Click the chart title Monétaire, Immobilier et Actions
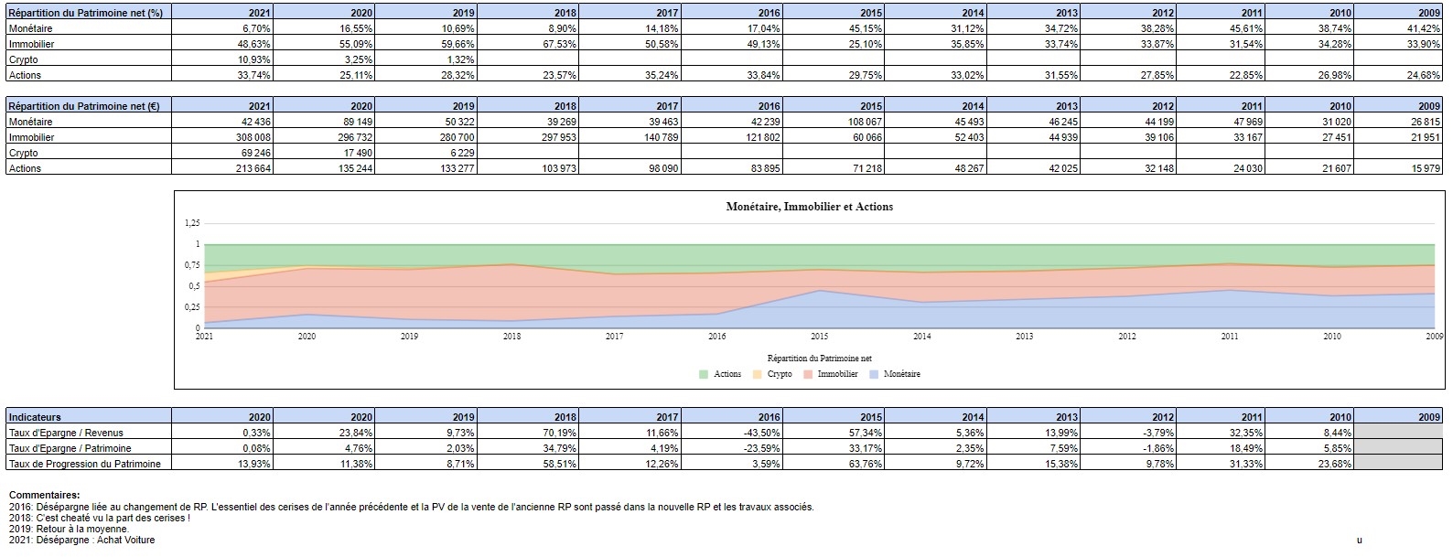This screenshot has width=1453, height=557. click(x=809, y=207)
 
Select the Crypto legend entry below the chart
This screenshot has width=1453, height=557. click(x=779, y=374)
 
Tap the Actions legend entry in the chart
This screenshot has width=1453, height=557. click(x=726, y=374)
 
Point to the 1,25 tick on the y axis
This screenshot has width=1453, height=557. click(x=191, y=223)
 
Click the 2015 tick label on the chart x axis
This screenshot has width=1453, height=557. click(x=819, y=337)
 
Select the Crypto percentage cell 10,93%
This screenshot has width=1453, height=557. click(x=253, y=59)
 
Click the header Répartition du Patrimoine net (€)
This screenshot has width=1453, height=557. click(x=84, y=106)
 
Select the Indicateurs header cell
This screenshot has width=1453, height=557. click(x=35, y=417)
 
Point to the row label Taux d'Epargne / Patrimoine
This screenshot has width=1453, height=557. click(x=70, y=448)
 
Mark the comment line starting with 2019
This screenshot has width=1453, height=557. click(x=69, y=529)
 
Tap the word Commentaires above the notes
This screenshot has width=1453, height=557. click(x=44, y=495)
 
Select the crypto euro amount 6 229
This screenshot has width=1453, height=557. click(x=457, y=153)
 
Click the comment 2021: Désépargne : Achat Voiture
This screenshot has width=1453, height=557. click(x=81, y=540)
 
